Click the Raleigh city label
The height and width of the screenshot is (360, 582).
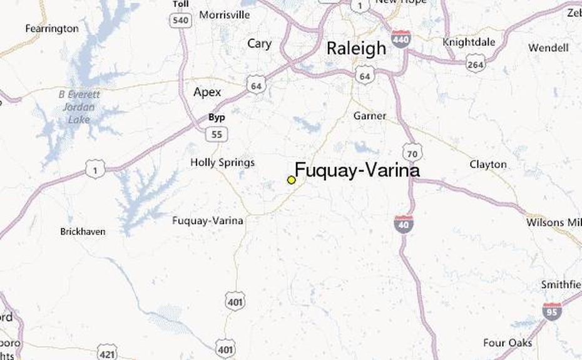[x=356, y=49]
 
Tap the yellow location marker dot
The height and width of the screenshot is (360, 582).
[x=291, y=180]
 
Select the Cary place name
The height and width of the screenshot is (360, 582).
[x=259, y=44]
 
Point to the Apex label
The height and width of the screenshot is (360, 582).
[x=207, y=92]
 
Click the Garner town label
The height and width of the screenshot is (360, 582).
[x=370, y=116]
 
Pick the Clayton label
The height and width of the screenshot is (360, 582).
[x=488, y=164]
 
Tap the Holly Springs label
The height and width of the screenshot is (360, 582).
[x=223, y=163]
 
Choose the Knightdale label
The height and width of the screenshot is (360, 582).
[x=469, y=42]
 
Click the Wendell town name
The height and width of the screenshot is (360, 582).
[x=548, y=48]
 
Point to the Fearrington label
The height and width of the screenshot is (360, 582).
[x=52, y=28]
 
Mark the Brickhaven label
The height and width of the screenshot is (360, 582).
[x=83, y=231]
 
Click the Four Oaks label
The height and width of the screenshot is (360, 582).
[x=508, y=342]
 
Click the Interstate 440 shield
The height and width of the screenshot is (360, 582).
[x=401, y=39]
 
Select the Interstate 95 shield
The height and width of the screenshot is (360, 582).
[x=551, y=311]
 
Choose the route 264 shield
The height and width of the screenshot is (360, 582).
[x=476, y=63]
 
